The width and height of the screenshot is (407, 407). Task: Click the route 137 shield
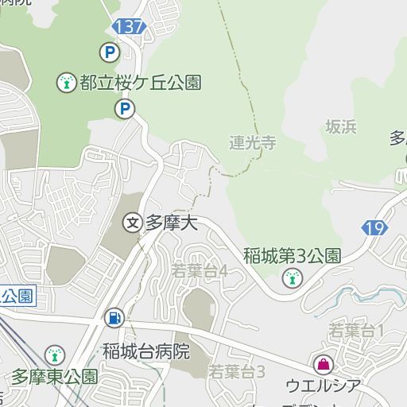(x=130, y=27)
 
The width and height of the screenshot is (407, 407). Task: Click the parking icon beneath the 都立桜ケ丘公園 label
(x=123, y=108)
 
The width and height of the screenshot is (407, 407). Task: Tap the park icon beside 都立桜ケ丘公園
(x=67, y=81)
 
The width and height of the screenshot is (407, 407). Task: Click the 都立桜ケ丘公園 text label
(x=139, y=81)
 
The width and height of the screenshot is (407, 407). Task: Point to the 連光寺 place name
(x=252, y=143)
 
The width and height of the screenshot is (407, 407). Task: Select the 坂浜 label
(x=340, y=126)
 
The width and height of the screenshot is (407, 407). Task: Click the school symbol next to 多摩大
(x=132, y=223)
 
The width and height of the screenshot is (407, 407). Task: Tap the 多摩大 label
(x=170, y=223)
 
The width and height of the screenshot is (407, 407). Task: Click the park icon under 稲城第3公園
(x=292, y=277)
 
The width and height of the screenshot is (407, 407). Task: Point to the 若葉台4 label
(x=200, y=271)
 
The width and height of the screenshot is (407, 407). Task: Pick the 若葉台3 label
(x=236, y=371)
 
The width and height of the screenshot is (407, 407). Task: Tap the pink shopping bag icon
(x=324, y=365)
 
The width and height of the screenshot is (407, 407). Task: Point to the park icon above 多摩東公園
(x=54, y=354)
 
